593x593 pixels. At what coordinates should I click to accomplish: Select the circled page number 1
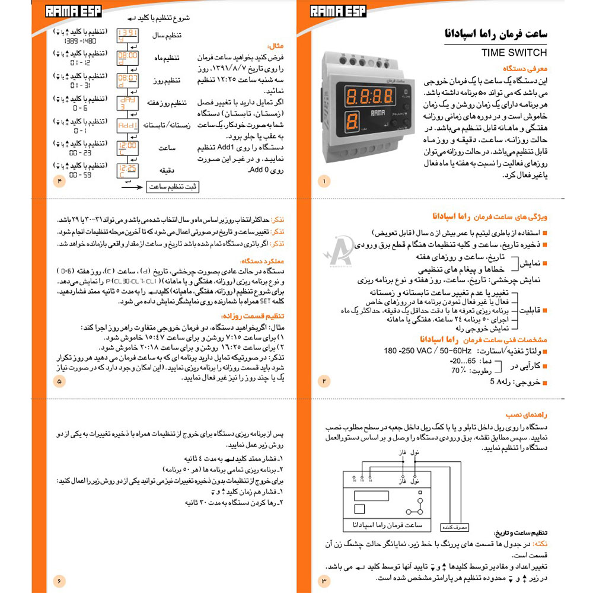click(x=324, y=181)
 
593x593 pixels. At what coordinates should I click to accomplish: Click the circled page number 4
click(x=59, y=181)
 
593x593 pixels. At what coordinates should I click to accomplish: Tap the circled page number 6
click(x=59, y=580)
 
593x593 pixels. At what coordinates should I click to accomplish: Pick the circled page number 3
click(x=324, y=580)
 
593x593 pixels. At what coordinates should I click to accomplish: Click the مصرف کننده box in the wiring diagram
click(x=453, y=526)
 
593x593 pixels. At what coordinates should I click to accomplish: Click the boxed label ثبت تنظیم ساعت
click(x=173, y=187)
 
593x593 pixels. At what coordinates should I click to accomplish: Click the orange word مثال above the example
click(x=276, y=45)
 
